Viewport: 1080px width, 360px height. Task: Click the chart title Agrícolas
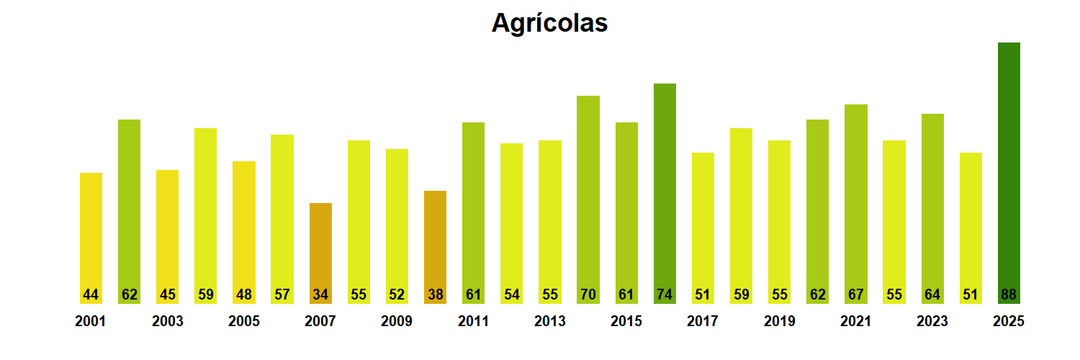tap(549, 23)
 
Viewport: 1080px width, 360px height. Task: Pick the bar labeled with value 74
tap(665, 187)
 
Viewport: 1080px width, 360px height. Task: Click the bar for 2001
tap(91, 230)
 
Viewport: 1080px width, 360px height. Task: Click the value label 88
tap(1009, 294)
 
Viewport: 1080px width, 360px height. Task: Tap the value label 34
tap(320, 294)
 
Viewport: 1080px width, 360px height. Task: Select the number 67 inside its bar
tap(855, 294)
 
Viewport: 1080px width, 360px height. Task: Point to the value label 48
tap(244, 294)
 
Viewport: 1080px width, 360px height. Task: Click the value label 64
tap(932, 294)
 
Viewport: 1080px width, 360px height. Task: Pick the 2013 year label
tap(549, 321)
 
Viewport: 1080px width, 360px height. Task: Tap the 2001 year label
tap(90, 321)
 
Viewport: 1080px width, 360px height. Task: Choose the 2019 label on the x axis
tap(779, 321)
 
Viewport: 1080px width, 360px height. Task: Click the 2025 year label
tap(1008, 321)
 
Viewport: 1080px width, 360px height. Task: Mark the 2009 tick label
tap(397, 321)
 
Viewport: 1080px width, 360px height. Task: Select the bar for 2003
tap(167, 230)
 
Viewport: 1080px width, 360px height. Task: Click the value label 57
tap(282, 294)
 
